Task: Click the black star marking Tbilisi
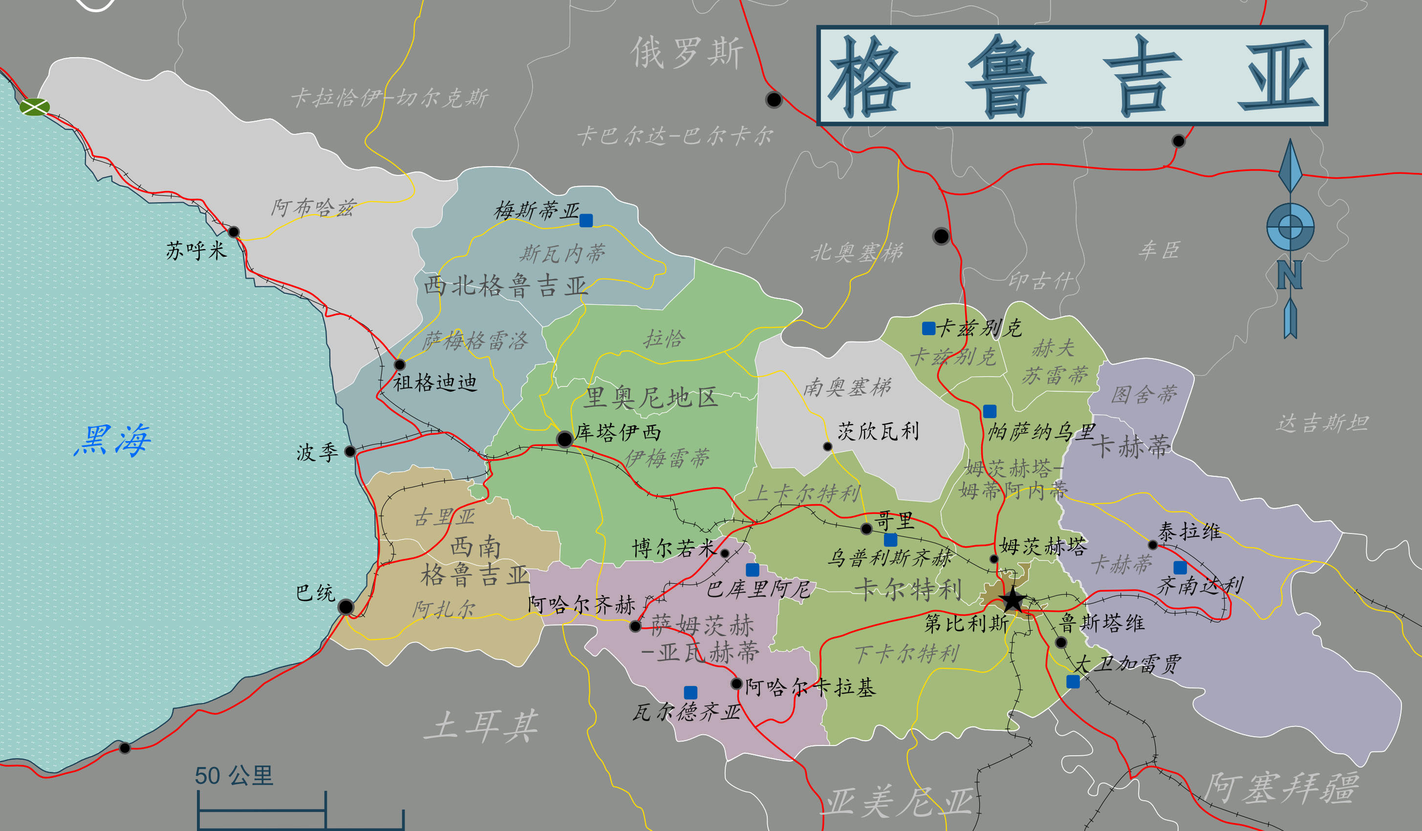1013,600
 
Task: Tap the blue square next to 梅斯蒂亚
586,220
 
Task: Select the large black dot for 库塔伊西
564,438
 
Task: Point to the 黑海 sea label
112,440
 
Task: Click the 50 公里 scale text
234,776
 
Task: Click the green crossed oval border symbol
34,106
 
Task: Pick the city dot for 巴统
346,607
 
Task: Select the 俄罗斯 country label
686,52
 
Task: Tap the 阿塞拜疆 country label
1281,788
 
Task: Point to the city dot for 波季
350,451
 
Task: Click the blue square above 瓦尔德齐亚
690,692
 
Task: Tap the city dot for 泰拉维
1153,545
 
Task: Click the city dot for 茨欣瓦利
828,447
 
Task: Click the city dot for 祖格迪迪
400,364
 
